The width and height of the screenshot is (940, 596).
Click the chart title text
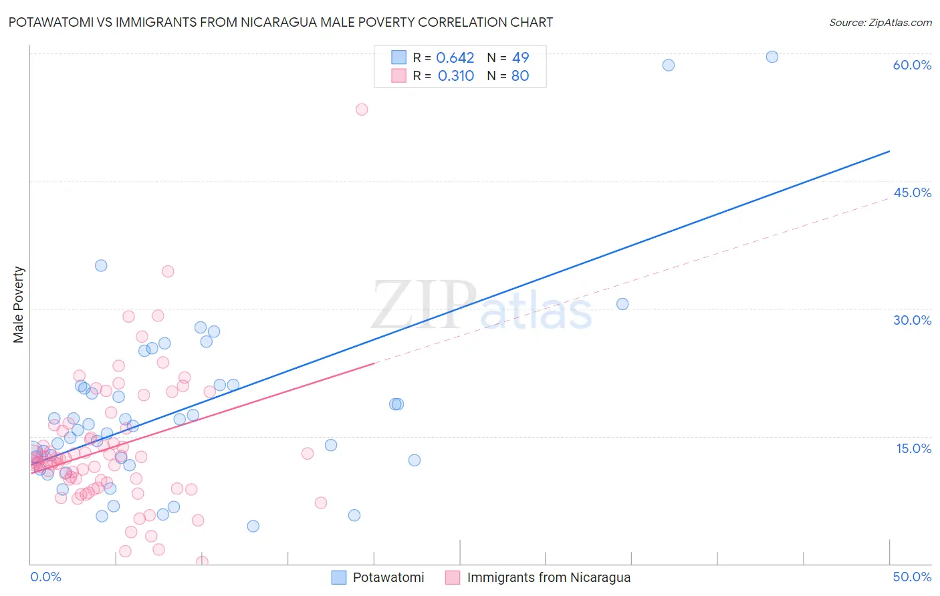(x=280, y=22)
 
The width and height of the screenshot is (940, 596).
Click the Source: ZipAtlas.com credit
(x=880, y=22)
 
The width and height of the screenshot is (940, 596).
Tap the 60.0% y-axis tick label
(x=912, y=65)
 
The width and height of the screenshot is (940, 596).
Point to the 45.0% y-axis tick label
(x=912, y=192)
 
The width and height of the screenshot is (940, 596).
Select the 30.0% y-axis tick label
(x=912, y=320)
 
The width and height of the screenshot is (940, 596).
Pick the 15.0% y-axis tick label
(x=913, y=448)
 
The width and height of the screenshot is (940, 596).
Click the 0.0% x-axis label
(x=45, y=577)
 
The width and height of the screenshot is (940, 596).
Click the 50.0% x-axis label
(x=912, y=577)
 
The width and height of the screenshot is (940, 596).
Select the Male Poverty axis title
(x=19, y=305)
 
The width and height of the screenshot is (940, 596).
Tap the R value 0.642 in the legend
(x=455, y=58)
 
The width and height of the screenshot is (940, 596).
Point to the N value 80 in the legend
(x=520, y=76)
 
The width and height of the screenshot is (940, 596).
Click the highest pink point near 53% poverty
(x=362, y=110)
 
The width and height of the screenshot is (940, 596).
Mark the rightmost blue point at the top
(x=772, y=57)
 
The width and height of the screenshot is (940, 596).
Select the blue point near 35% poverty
(x=101, y=265)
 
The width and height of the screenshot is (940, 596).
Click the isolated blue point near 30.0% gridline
(x=622, y=304)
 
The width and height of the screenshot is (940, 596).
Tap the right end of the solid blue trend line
(x=889, y=152)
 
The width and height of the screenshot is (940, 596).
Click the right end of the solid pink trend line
(x=374, y=363)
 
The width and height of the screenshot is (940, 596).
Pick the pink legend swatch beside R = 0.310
(x=398, y=76)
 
